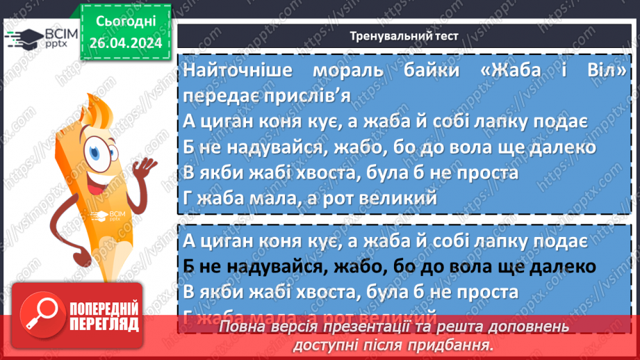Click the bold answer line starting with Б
(x=391, y=266)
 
